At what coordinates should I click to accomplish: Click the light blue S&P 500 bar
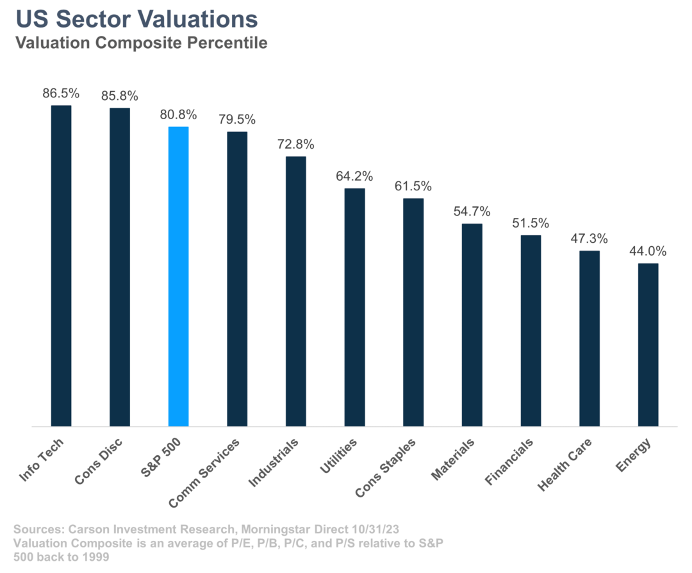point(178,276)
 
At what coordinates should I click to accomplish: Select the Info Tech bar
point(61,266)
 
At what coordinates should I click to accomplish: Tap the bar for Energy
point(648,345)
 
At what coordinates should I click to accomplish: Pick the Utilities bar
point(354,308)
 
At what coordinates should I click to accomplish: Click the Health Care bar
point(589,338)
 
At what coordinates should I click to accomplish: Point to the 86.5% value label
point(61,94)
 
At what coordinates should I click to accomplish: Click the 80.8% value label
point(178,115)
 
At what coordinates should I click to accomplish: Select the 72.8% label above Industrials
point(295,145)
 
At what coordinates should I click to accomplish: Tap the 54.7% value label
point(472,212)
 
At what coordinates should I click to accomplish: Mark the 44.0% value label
point(648,252)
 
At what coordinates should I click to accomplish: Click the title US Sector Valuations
point(136,19)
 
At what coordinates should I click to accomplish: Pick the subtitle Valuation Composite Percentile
point(142,44)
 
